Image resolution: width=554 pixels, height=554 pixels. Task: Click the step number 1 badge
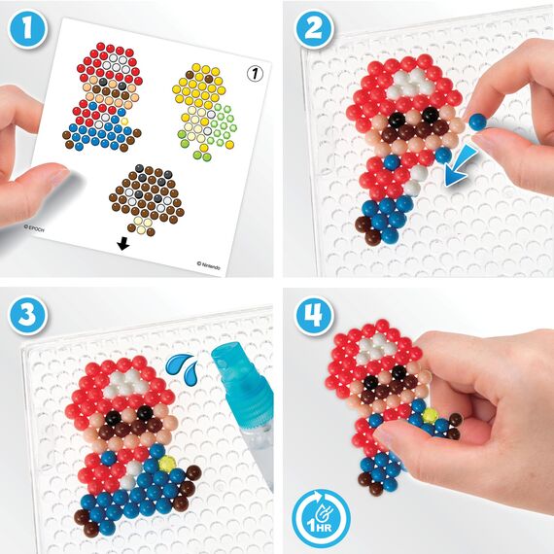point(33,32)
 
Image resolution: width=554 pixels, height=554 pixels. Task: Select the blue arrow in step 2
point(455,166)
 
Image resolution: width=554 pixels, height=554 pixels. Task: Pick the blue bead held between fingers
point(477,121)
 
